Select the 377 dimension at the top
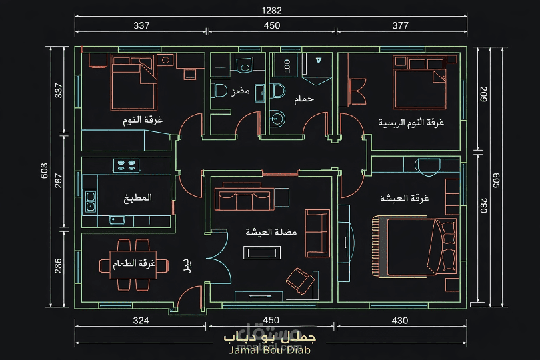(x=400, y=26)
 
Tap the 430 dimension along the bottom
(x=400, y=321)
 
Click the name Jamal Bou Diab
(x=269, y=350)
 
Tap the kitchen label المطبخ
(x=137, y=198)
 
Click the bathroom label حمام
(x=304, y=99)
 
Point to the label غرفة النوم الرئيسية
(x=411, y=123)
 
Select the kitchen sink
(x=91, y=201)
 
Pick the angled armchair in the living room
(x=301, y=280)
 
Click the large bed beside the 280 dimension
(x=413, y=245)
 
